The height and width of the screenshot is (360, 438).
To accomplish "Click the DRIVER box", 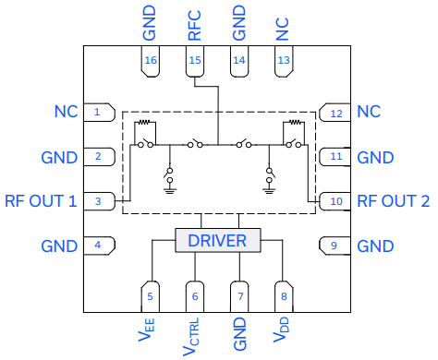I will point(217,241).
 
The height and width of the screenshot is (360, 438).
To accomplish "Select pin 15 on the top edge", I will point(195,61).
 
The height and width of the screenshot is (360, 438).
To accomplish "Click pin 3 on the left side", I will point(98,200).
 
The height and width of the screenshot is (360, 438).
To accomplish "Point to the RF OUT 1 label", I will point(40,200).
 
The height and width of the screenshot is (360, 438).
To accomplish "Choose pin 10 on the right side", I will point(335,200).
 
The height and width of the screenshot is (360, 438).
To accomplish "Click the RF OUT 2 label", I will point(394,200).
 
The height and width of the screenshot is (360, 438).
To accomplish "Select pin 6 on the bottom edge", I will point(195,295).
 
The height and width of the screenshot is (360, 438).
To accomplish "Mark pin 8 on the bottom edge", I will point(284,295).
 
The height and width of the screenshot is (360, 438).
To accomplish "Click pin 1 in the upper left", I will point(98,112).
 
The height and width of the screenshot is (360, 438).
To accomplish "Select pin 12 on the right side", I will point(335,112).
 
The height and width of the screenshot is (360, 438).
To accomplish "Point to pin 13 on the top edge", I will point(284,61).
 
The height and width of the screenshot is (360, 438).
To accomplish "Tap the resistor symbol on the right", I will point(294,124).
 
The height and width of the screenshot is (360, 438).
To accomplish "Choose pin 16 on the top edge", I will point(150,61).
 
